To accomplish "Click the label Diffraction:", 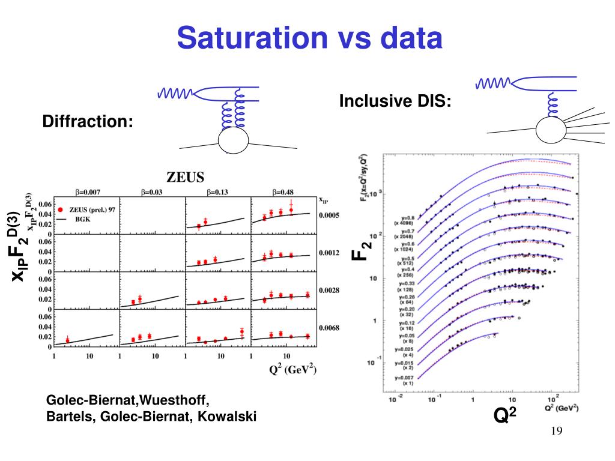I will tap(88, 122).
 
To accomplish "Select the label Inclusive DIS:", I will tap(395, 101).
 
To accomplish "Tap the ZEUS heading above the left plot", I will tap(185, 177).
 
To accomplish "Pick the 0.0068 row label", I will tap(329, 328).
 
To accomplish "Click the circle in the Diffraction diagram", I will tap(233, 140).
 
